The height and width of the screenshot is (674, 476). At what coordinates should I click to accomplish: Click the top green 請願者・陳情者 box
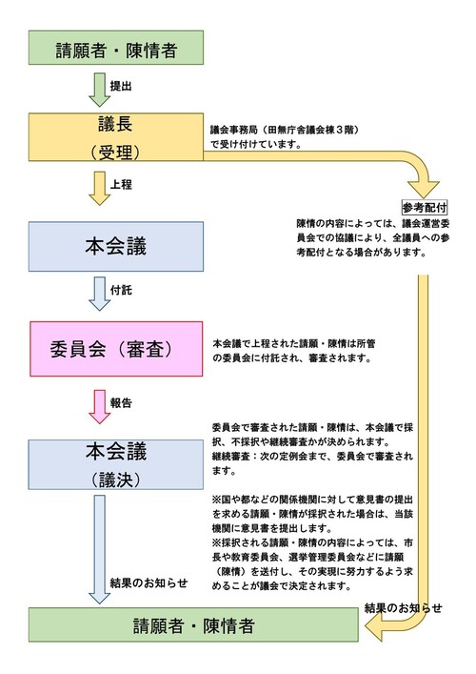click(x=116, y=48)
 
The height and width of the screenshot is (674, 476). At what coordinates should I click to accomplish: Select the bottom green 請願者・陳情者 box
click(x=193, y=624)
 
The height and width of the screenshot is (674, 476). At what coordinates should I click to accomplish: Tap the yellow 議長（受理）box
click(x=116, y=137)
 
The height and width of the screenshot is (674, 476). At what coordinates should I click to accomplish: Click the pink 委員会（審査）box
click(x=116, y=349)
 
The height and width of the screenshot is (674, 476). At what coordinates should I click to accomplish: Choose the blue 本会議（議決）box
click(x=116, y=464)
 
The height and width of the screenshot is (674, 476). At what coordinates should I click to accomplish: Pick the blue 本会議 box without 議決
click(x=116, y=247)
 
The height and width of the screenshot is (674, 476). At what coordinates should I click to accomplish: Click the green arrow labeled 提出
click(x=100, y=90)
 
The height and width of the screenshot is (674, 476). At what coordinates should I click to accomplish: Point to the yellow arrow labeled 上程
click(x=100, y=188)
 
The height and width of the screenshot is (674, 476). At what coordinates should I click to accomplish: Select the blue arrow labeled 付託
click(x=100, y=294)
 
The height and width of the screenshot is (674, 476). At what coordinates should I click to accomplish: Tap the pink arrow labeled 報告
click(x=100, y=407)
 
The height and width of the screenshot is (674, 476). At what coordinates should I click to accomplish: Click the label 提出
click(x=121, y=86)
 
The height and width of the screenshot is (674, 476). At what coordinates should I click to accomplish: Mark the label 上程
click(x=121, y=184)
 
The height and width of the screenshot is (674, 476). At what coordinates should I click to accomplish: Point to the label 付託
click(x=121, y=290)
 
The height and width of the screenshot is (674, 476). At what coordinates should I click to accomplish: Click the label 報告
click(x=121, y=403)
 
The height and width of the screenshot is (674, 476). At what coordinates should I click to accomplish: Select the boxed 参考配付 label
click(x=425, y=208)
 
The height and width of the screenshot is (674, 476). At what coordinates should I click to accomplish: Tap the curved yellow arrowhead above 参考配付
click(x=424, y=189)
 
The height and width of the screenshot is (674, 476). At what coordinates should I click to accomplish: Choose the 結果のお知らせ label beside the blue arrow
click(x=149, y=582)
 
